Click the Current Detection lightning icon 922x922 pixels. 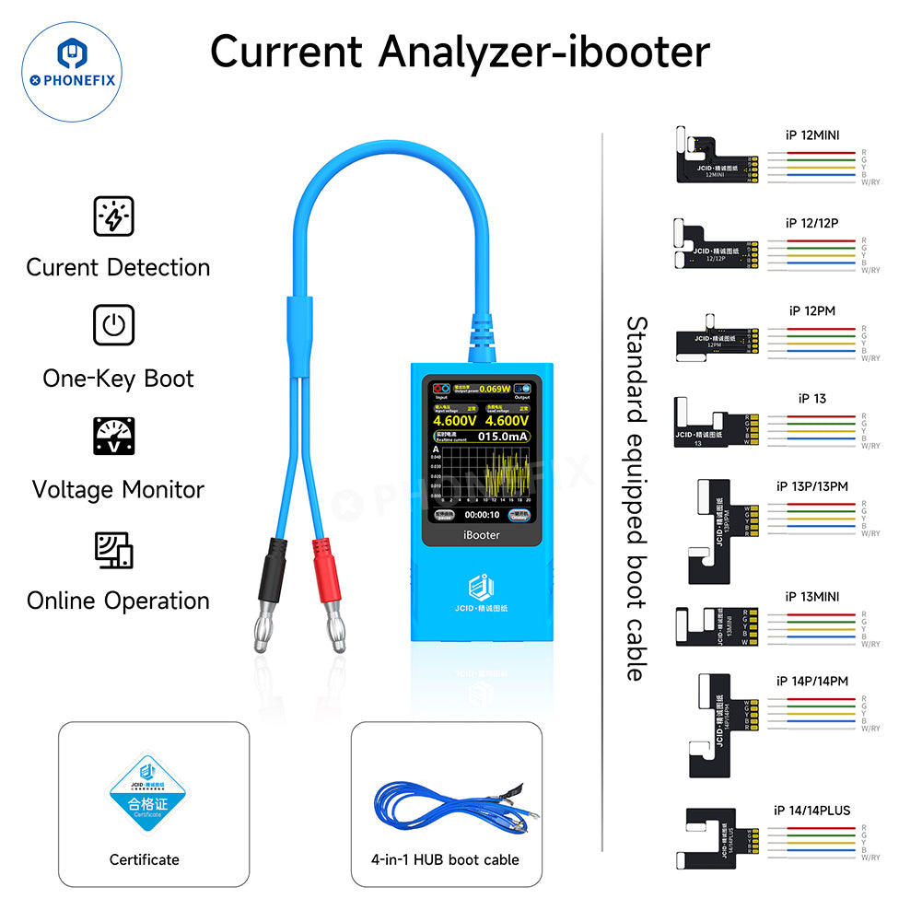pyautogui.click(x=114, y=216)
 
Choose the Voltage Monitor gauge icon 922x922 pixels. pyautogui.click(x=114, y=437)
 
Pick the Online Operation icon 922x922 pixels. pyautogui.click(x=114, y=549)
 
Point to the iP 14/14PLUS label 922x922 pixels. pyautogui.click(x=812, y=811)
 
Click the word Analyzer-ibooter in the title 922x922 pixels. pyautogui.click(x=543, y=52)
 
